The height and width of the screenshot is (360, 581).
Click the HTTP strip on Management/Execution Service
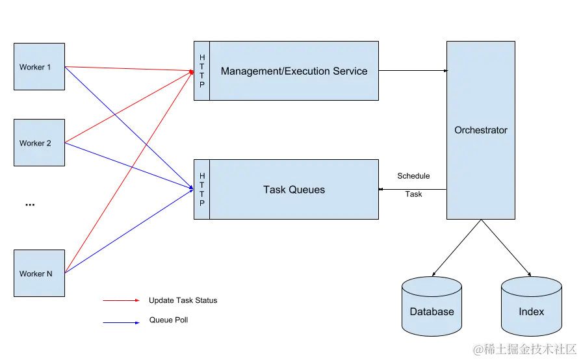tap(201, 71)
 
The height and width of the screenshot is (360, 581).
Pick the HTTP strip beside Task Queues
tap(201, 190)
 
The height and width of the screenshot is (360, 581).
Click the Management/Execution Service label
tap(294, 71)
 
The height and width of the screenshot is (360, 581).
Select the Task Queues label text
tap(294, 190)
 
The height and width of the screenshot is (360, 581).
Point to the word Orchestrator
tap(480, 130)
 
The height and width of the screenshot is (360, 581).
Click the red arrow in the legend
tap(120, 301)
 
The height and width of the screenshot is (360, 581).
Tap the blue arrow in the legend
tap(120, 323)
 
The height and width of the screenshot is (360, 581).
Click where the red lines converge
tap(192, 72)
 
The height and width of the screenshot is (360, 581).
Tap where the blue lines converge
tap(192, 189)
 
